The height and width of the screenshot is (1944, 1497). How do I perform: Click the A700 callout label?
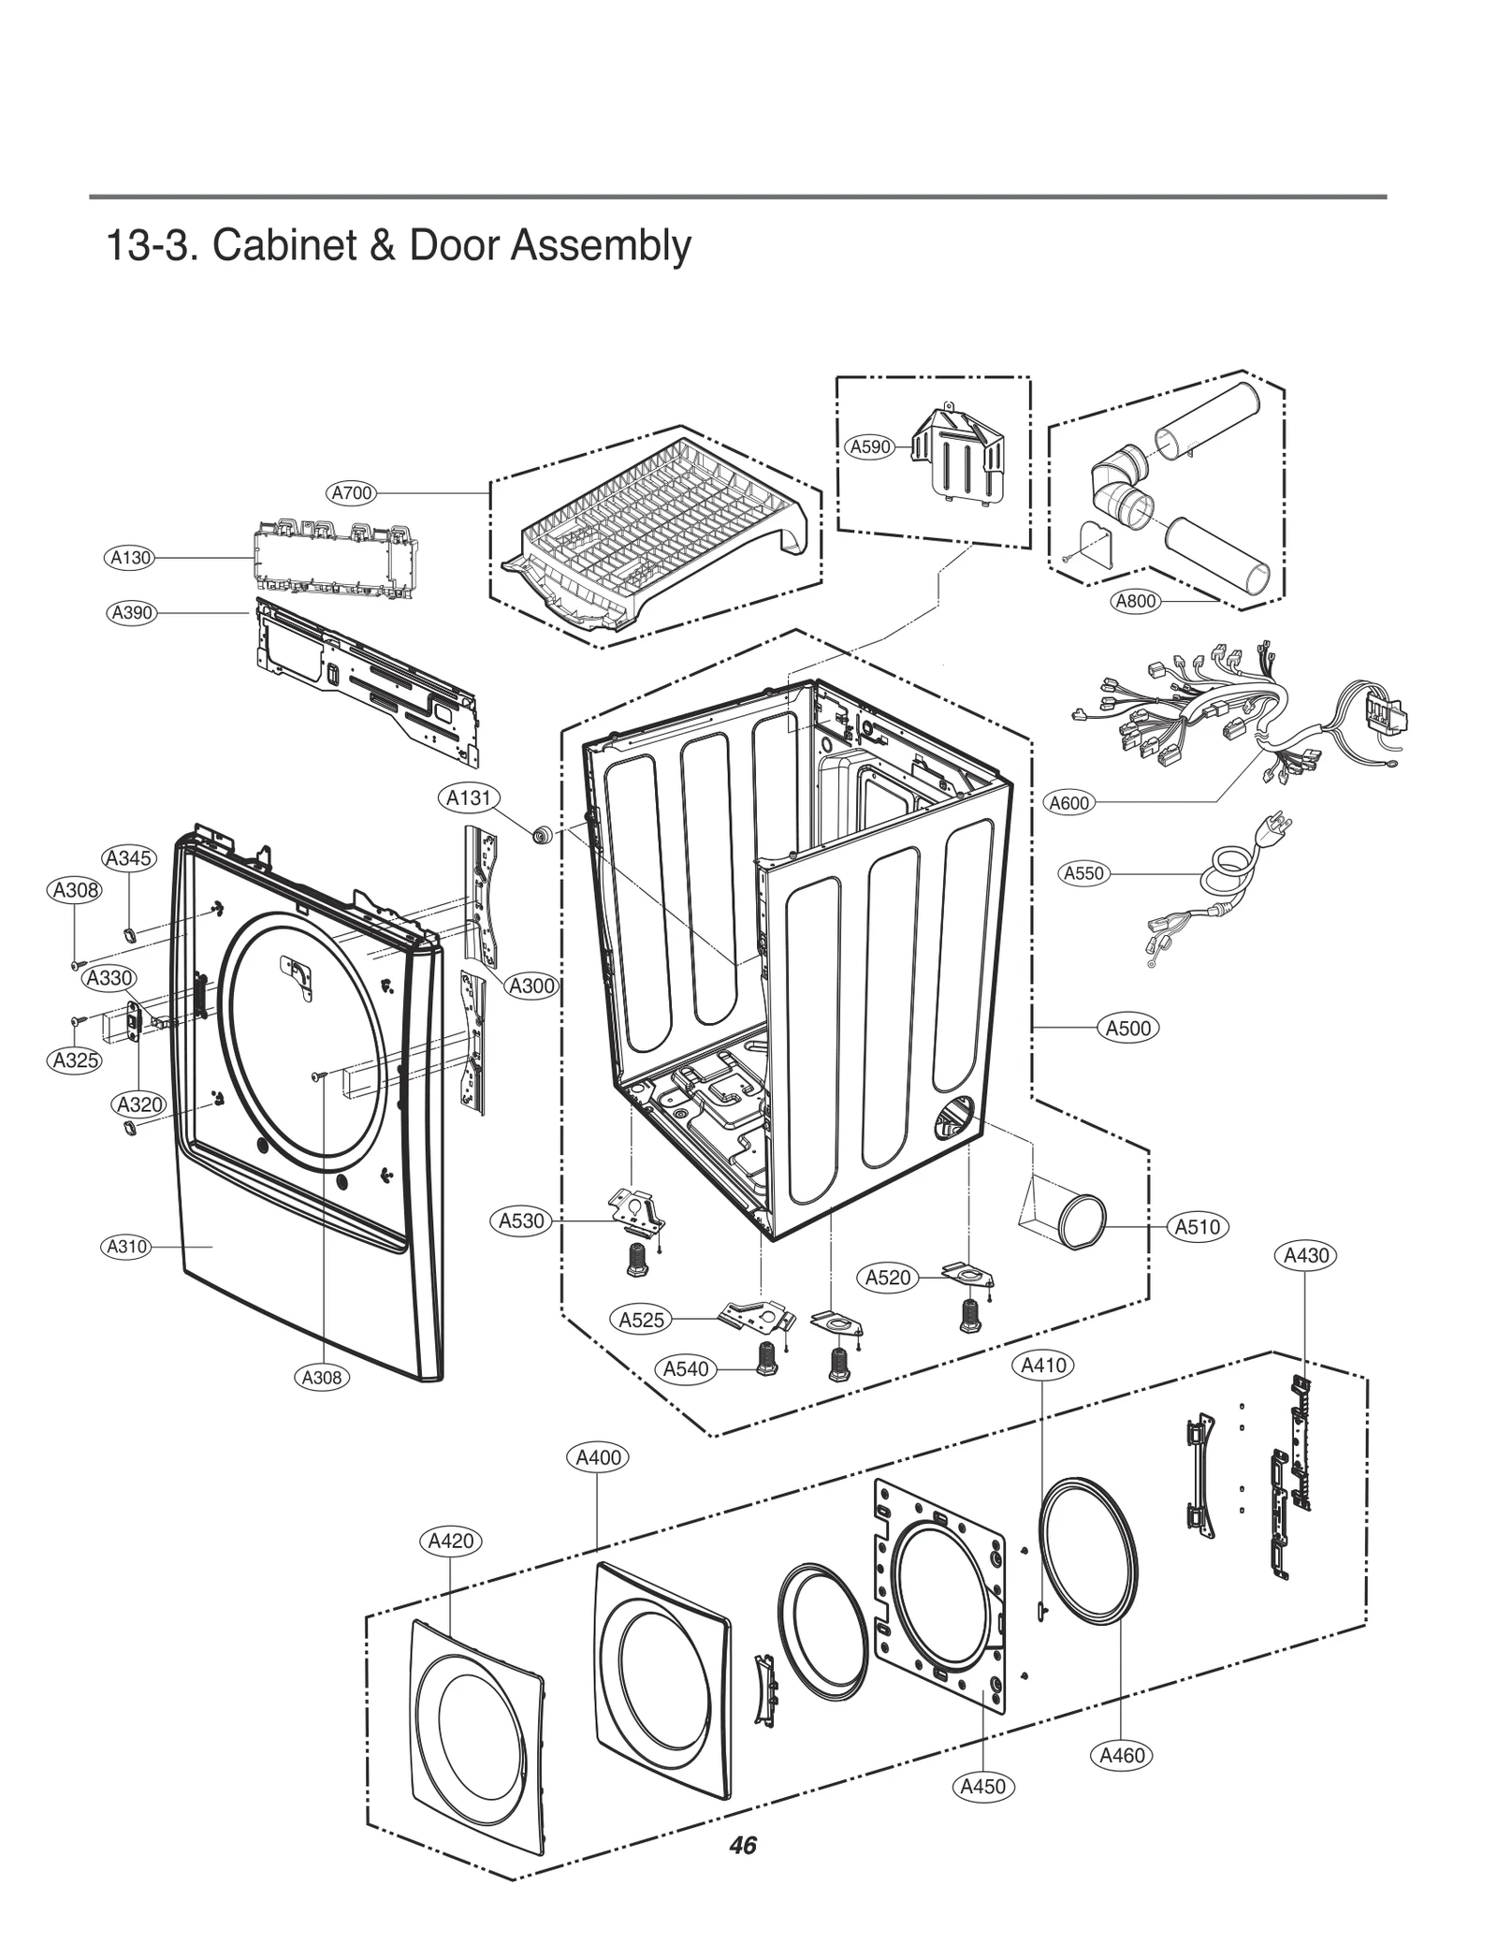(352, 492)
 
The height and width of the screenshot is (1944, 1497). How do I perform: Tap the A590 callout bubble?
(869, 447)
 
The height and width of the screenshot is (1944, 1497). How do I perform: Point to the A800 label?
(1136, 601)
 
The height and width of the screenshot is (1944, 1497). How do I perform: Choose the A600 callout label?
(1068, 803)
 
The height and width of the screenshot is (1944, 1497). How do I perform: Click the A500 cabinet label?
(1127, 1028)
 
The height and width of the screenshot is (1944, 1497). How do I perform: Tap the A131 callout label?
(468, 798)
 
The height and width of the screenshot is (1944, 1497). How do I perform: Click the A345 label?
(128, 858)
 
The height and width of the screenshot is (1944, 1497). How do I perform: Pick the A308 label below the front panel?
(321, 1377)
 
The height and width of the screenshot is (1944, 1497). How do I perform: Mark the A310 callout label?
(125, 1247)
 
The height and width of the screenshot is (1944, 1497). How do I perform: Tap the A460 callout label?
(1122, 1756)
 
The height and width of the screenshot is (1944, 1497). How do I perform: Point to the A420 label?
(450, 1541)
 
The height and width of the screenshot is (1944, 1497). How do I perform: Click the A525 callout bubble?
(641, 1320)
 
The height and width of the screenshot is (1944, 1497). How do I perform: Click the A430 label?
(1305, 1255)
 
